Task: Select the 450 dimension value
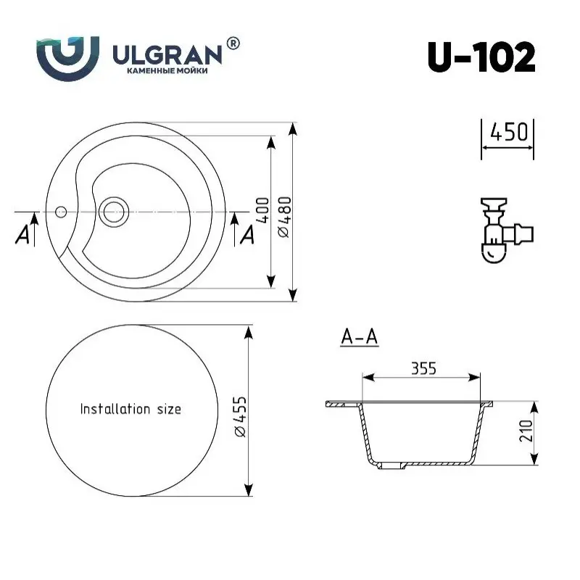click(x=508, y=133)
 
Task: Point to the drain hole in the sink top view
click(x=114, y=212)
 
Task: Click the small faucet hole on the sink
click(x=61, y=213)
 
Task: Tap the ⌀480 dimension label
click(x=283, y=215)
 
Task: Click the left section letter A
click(x=23, y=234)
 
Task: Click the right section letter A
click(x=246, y=234)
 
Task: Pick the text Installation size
click(x=130, y=409)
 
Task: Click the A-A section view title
click(x=360, y=337)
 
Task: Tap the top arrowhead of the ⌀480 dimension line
click(x=293, y=128)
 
